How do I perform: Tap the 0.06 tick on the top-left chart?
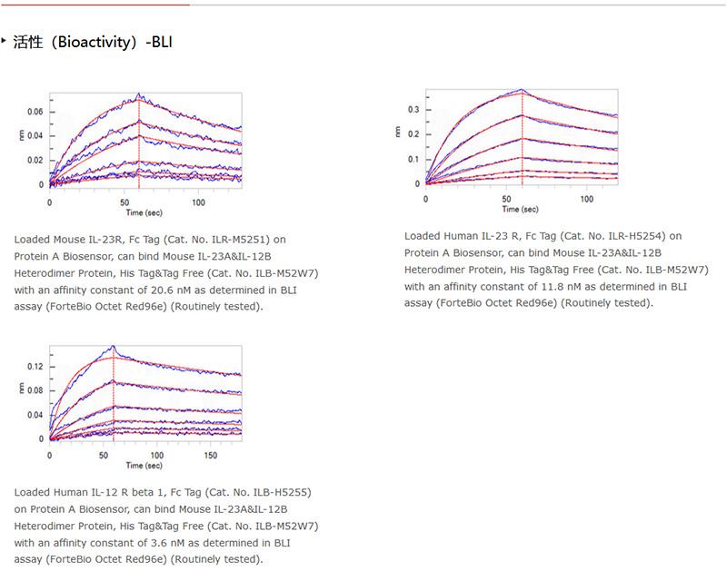tap(35, 112)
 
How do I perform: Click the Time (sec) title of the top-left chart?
tap(144, 212)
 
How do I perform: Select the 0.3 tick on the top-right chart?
tap(413, 110)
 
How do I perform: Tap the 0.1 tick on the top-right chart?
tap(413, 159)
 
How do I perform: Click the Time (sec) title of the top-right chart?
tap(522, 209)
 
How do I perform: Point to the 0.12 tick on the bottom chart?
tap(34, 367)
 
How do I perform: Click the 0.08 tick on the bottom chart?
tap(34, 390)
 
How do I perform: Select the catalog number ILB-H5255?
tap(274, 492)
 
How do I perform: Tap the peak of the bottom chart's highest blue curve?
tap(113, 346)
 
